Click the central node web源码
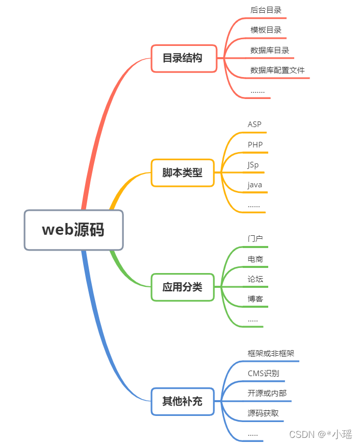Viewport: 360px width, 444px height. point(73,230)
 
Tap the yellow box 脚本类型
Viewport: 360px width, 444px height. point(182,173)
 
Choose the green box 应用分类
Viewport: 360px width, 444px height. point(182,287)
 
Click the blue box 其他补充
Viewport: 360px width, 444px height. point(182,402)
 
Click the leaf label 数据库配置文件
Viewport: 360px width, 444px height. point(277,70)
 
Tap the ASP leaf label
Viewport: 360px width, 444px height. point(254,125)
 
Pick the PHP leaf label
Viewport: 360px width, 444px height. point(255,145)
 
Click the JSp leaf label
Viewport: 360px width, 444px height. point(253,165)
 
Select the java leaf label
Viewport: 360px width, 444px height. point(255,185)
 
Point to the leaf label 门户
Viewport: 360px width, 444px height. point(255,239)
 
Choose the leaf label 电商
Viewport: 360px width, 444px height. point(255,259)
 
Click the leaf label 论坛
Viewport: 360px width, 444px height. point(255,279)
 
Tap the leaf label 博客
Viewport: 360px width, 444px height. point(255,299)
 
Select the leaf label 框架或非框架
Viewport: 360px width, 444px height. point(271,353)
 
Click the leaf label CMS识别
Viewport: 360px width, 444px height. point(263,374)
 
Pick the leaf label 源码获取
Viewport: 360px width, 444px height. point(263,413)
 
